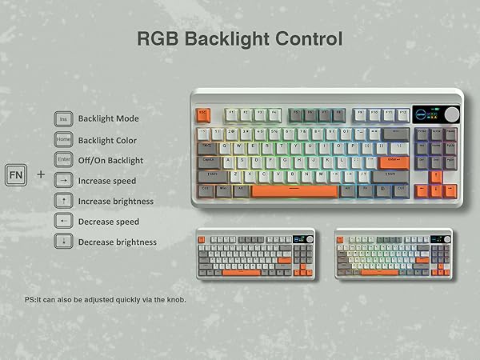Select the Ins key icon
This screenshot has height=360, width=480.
click(x=64, y=119)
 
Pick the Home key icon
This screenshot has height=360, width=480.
click(x=64, y=139)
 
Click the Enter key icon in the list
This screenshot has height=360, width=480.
click(x=64, y=160)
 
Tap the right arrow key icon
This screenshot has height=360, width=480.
click(x=64, y=181)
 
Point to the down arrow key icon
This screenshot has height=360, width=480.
click(x=64, y=242)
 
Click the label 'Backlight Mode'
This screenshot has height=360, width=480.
click(x=108, y=119)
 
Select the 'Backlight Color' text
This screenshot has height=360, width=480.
click(x=108, y=140)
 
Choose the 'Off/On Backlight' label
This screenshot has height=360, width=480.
click(x=110, y=160)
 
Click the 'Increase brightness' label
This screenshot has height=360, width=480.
click(x=115, y=202)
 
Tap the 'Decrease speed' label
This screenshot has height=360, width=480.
click(x=108, y=222)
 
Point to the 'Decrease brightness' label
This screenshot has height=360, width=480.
click(x=117, y=242)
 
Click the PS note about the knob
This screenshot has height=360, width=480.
click(x=106, y=300)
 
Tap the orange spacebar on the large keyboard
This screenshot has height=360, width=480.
click(x=294, y=191)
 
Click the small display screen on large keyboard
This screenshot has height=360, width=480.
click(x=424, y=114)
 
